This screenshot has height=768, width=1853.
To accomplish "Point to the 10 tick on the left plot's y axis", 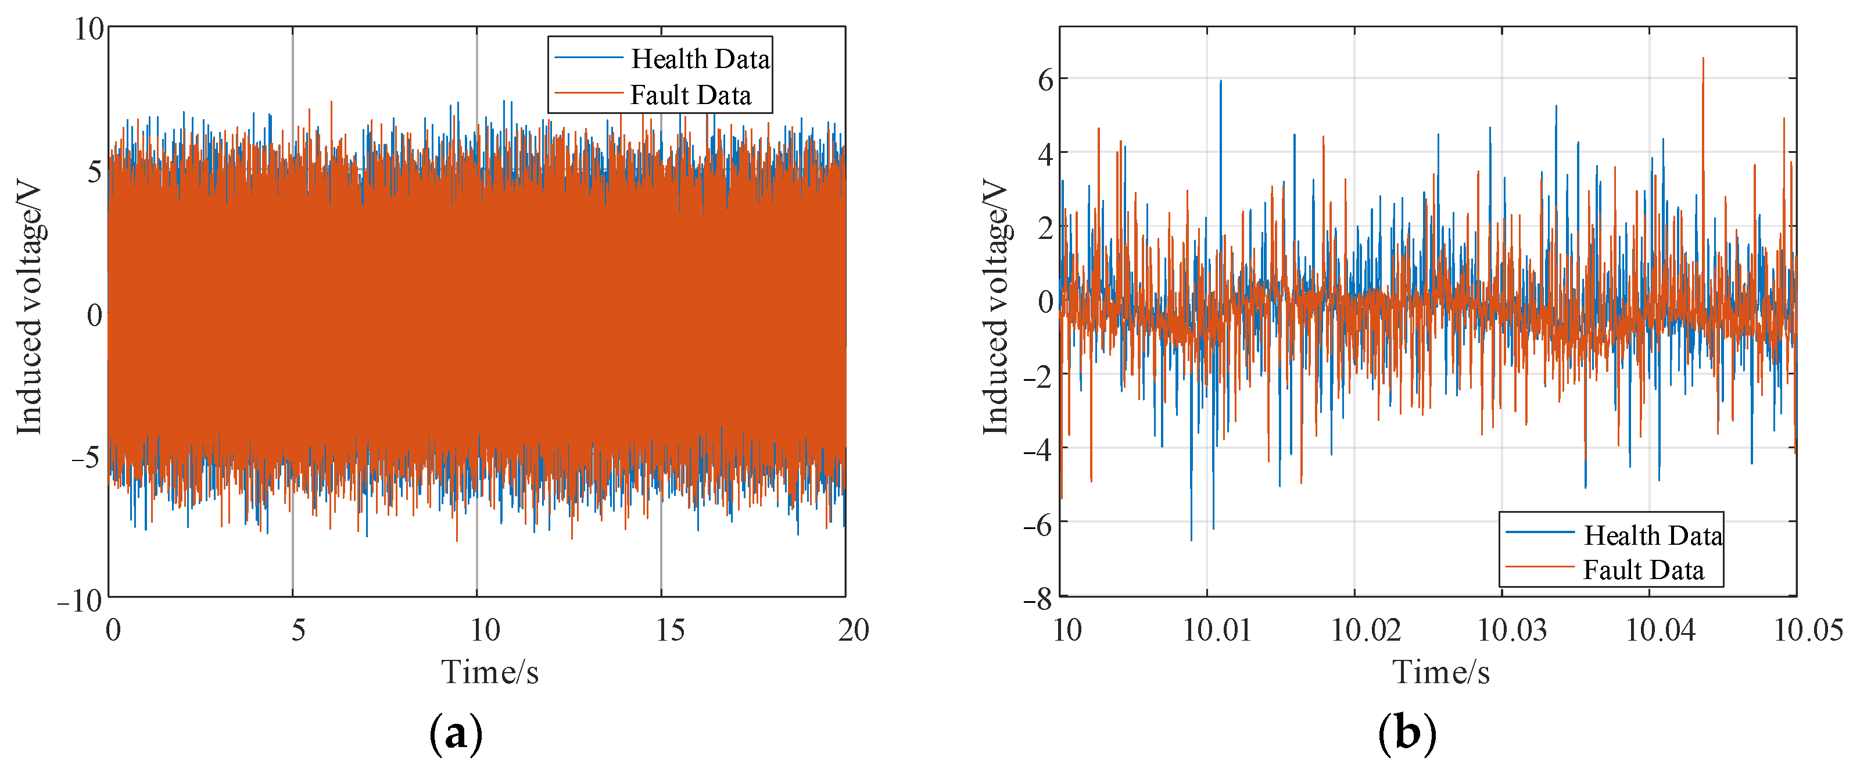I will coord(90,30).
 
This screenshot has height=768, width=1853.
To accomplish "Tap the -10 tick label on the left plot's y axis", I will coord(81,601).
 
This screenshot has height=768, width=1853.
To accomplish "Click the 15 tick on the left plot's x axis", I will coord(670,631).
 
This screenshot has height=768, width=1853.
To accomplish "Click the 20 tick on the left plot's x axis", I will coord(853,631).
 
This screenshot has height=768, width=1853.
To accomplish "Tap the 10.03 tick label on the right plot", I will coord(1511,631).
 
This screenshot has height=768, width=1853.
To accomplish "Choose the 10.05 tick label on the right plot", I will coord(1808,631).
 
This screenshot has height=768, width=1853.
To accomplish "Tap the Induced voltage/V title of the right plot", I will coord(997,308).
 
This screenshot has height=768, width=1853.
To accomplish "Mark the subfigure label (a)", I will coord(456,734).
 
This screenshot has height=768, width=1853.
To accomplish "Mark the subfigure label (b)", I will coord(1407,734).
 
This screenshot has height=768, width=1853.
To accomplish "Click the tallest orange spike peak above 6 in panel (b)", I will coord(1703,59).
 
